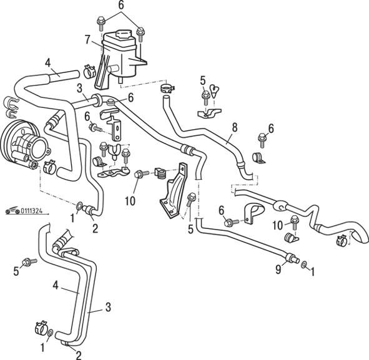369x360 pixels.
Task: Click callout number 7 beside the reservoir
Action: coord(88,39)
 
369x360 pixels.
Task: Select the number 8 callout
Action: coord(234,127)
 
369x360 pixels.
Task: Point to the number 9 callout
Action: coord(278,270)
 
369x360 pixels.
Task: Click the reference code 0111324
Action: coord(32,211)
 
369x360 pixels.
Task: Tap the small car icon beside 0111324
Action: coord(12,211)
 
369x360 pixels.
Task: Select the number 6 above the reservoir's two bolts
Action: coord(121,5)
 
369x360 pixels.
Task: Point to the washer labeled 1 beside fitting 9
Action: coord(304,265)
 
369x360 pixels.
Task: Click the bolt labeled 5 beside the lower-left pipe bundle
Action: coord(29,261)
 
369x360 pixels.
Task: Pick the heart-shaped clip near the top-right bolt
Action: coord(214,90)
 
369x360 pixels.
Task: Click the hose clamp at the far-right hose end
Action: coord(343,240)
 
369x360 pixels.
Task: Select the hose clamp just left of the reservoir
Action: coord(89,71)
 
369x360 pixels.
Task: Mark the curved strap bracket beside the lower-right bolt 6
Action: coord(253,212)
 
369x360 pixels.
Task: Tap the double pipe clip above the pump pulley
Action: coord(11,107)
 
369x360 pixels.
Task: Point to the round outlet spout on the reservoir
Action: coord(111,70)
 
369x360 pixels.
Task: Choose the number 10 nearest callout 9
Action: coord(278,225)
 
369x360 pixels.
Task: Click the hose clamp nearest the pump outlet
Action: coord(49,167)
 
